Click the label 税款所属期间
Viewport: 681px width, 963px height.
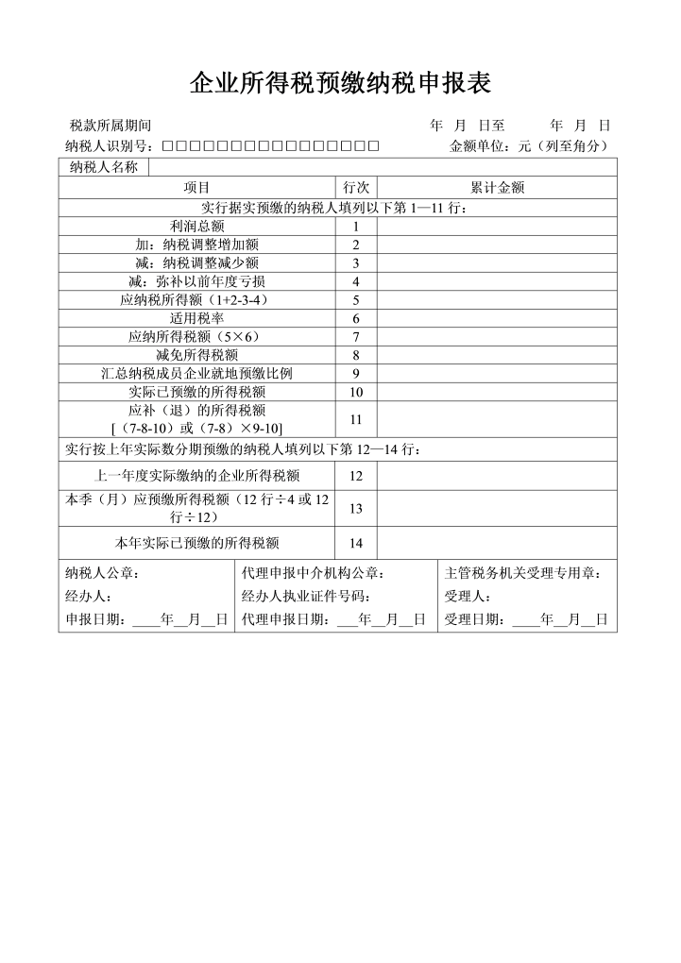[x=111, y=126]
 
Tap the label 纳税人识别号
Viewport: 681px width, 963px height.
[x=110, y=146]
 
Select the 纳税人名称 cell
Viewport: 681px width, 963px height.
[x=104, y=167]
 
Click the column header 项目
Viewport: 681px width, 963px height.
[x=196, y=188]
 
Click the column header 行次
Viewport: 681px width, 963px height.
[x=356, y=188]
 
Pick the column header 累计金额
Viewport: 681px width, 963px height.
[x=497, y=188]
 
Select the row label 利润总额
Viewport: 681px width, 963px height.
[x=196, y=227]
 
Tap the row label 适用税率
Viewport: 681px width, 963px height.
[x=196, y=318]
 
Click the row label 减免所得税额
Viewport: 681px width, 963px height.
[x=196, y=355]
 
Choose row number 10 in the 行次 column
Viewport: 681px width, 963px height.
[x=356, y=392]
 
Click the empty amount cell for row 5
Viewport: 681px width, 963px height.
[x=497, y=300]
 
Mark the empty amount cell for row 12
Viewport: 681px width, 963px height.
[x=497, y=476]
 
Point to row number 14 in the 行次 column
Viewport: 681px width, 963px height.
[x=356, y=543]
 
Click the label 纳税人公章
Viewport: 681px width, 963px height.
[x=103, y=573]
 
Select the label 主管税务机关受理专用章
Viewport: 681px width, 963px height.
[x=523, y=573]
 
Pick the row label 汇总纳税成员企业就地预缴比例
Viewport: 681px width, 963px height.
[x=196, y=373]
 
